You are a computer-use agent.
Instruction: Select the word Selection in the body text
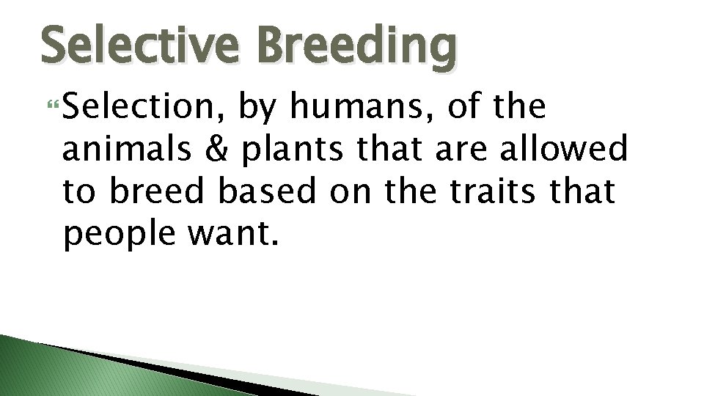(144, 109)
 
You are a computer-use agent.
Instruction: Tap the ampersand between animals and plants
(214, 150)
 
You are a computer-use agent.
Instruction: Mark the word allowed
(565, 150)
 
